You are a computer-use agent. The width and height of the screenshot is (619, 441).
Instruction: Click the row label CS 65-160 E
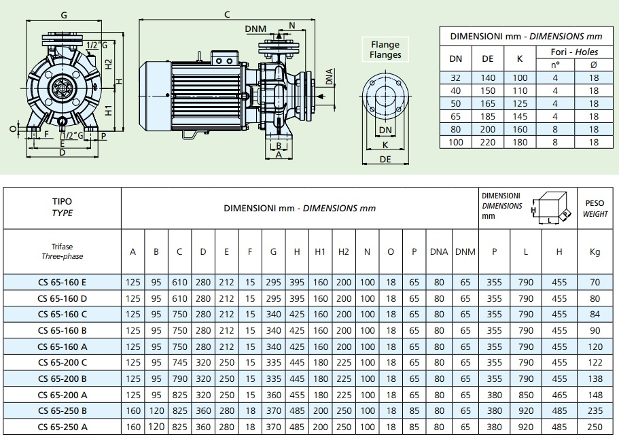pyautogui.click(x=62, y=283)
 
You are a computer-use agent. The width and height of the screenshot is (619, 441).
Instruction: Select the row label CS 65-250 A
pyautogui.click(x=62, y=426)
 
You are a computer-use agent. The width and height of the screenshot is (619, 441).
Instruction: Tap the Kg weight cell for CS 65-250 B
pyautogui.click(x=595, y=410)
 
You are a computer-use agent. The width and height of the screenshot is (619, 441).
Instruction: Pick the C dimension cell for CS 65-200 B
pyautogui.click(x=179, y=378)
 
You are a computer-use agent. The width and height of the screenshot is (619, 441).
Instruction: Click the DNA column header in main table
pyautogui.click(x=439, y=251)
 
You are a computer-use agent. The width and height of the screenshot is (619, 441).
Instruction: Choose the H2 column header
pyautogui.click(x=343, y=251)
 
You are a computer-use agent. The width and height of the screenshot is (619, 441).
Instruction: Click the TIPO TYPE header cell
pyautogui.click(x=62, y=207)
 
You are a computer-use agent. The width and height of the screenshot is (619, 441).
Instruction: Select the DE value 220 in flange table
pyautogui.click(x=488, y=143)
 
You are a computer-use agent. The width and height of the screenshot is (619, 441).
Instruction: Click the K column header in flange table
pyautogui.click(x=520, y=58)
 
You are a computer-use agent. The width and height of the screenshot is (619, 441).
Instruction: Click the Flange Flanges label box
pyautogui.click(x=385, y=50)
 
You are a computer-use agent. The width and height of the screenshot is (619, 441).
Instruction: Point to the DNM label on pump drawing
pyautogui.click(x=255, y=28)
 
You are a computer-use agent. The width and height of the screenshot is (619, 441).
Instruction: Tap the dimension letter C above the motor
pyautogui.click(x=226, y=14)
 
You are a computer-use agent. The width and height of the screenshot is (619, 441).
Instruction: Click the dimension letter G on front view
pyautogui.click(x=63, y=14)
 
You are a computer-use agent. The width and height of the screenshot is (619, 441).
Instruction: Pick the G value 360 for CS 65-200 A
pyautogui.click(x=273, y=395)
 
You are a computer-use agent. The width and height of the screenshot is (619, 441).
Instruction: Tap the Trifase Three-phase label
pyautogui.click(x=62, y=251)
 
